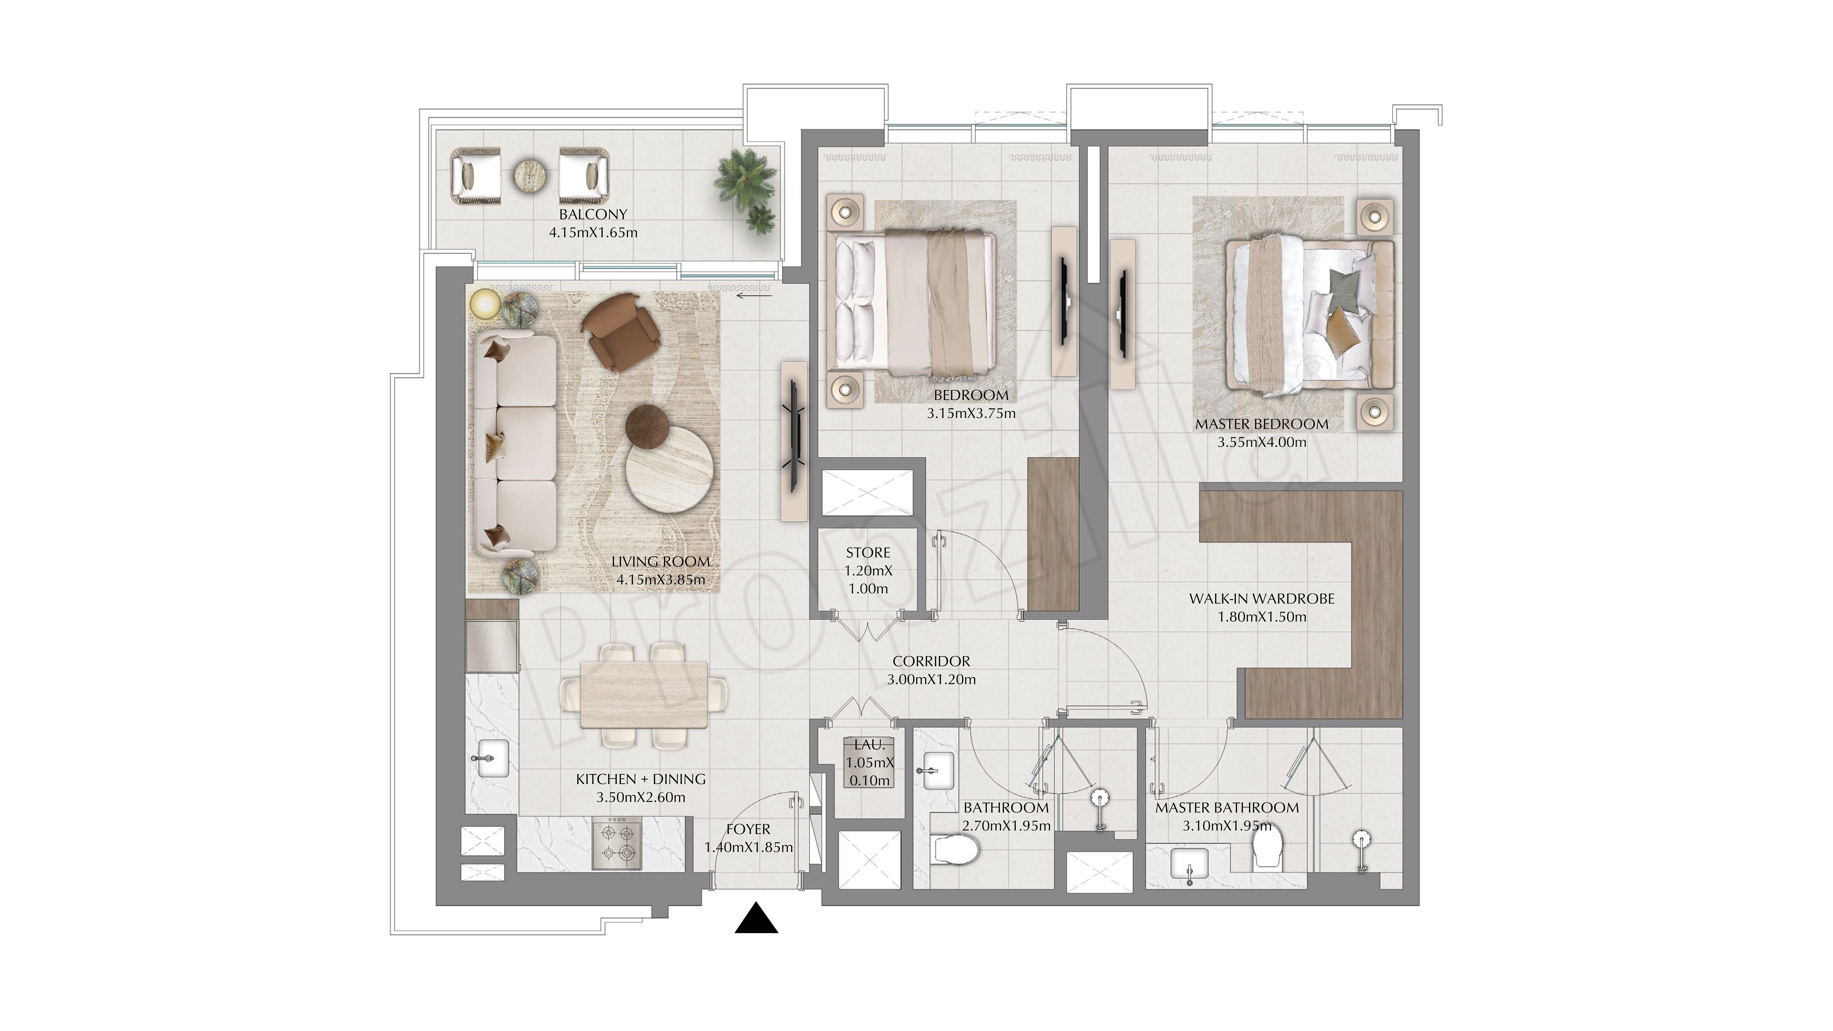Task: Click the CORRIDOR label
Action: tap(931, 661)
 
